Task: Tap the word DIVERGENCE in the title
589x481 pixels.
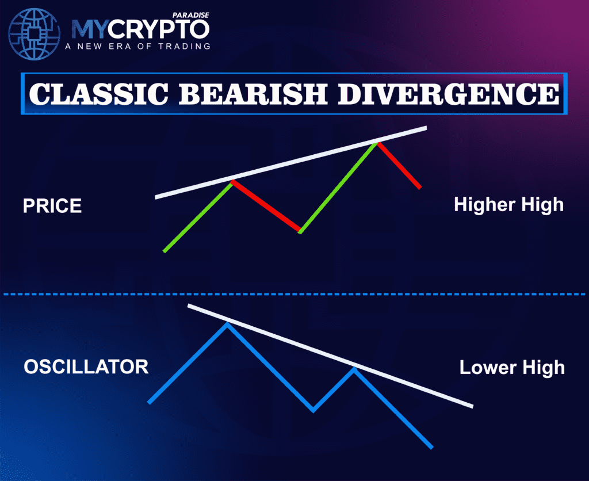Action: (448, 94)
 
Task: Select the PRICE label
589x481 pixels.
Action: (52, 206)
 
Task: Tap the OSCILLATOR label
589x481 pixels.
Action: (86, 367)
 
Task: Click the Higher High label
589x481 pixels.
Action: (508, 204)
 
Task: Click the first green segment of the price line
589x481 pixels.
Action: (197, 216)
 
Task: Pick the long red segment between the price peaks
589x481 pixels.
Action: (266, 207)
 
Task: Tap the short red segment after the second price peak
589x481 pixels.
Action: (399, 165)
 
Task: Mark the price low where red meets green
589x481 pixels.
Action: (300, 232)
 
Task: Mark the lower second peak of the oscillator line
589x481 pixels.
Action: (354, 369)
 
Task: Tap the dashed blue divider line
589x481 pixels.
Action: (294, 294)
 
